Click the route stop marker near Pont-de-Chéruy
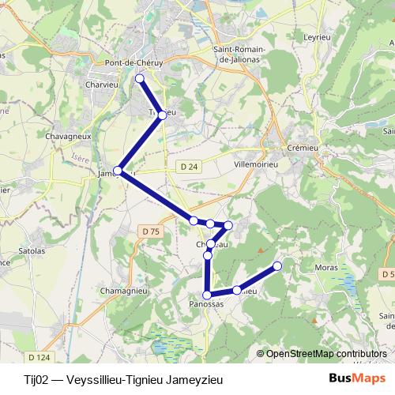point(140,78)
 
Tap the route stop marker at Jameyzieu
point(118,171)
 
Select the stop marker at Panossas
point(207,295)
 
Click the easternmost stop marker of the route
point(277,266)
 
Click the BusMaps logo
point(353,378)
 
